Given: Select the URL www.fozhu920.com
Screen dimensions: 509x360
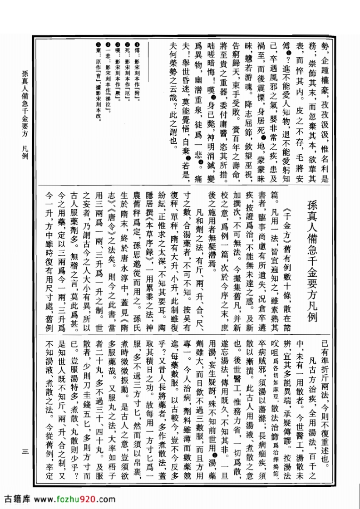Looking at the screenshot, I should click(x=75, y=499).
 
